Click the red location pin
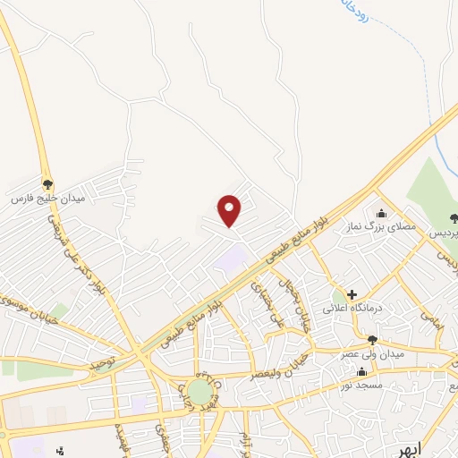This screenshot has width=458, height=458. (x=230, y=209)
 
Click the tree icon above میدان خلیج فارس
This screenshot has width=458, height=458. (x=47, y=182)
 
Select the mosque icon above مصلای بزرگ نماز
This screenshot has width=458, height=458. (x=383, y=213)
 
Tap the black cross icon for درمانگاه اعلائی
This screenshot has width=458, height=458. (x=352, y=293)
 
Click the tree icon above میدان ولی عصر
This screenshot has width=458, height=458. (x=372, y=339)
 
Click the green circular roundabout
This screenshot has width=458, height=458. (x=199, y=392)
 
